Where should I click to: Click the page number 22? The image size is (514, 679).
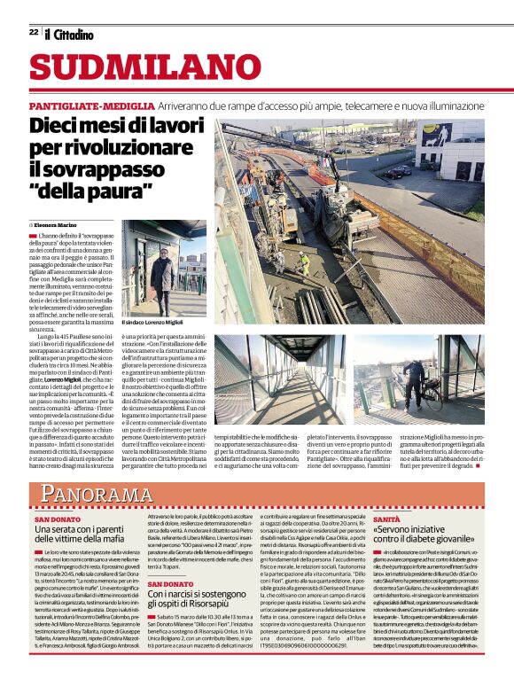(34, 32)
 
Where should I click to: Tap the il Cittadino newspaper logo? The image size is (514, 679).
(70, 34)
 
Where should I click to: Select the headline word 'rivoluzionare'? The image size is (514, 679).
(94, 146)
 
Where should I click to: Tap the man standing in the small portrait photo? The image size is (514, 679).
(162, 274)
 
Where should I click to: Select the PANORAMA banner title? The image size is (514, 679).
(99, 494)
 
